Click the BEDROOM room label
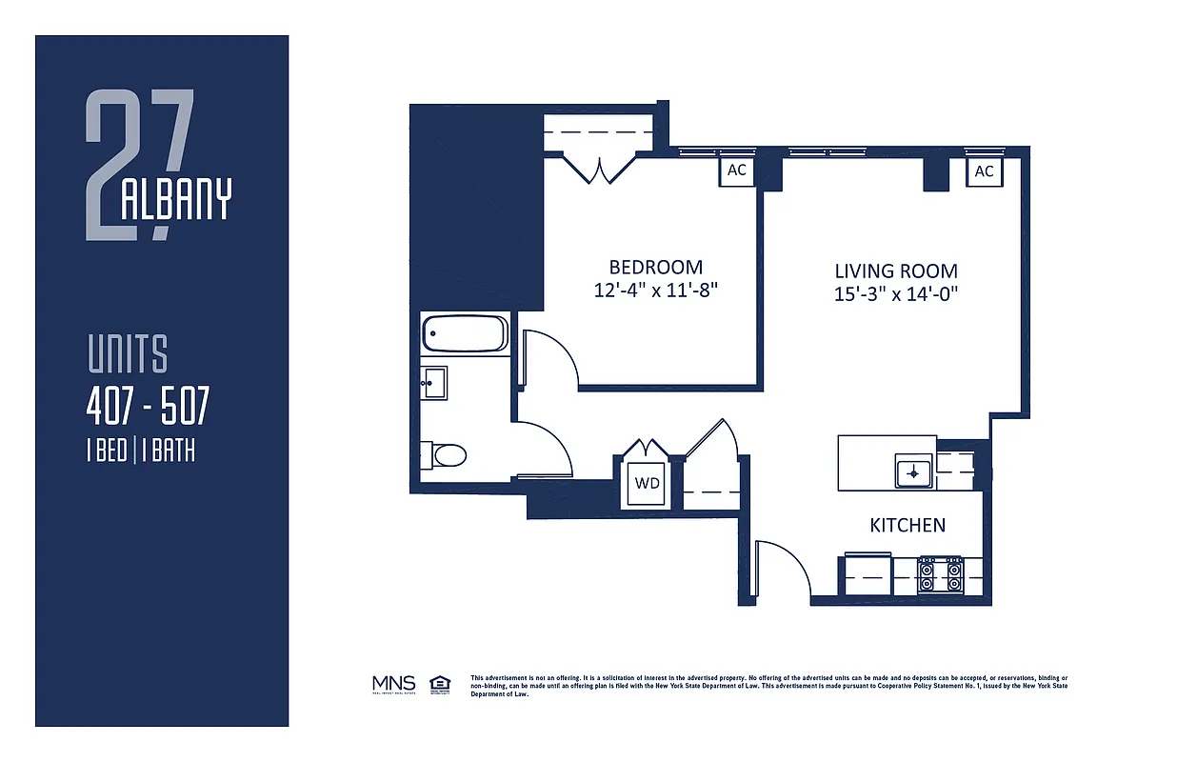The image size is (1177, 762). [655, 268]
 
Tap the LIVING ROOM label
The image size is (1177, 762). [895, 271]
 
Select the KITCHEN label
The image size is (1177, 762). [908, 525]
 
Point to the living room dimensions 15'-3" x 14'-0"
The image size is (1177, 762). [895, 294]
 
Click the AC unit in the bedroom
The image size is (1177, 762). [736, 171]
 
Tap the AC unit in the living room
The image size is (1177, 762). [984, 171]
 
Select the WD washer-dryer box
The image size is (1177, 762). [647, 483]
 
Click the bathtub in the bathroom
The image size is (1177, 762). [465, 334]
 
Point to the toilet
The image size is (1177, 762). [447, 455]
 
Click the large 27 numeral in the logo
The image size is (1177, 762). [138, 162]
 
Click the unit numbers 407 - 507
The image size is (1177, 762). [147, 409]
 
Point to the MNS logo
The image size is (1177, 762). [393, 683]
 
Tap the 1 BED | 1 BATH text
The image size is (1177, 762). [140, 451]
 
